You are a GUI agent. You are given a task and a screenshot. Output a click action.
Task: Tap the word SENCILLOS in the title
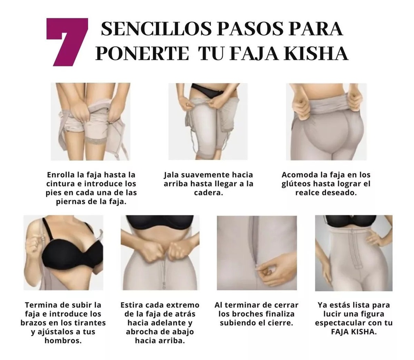tap(156, 29)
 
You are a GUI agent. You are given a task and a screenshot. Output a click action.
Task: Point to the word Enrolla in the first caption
tap(61, 175)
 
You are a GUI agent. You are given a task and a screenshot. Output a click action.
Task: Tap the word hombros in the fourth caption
tap(63, 341)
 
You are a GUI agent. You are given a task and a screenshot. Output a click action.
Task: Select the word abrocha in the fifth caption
tap(142, 332)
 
